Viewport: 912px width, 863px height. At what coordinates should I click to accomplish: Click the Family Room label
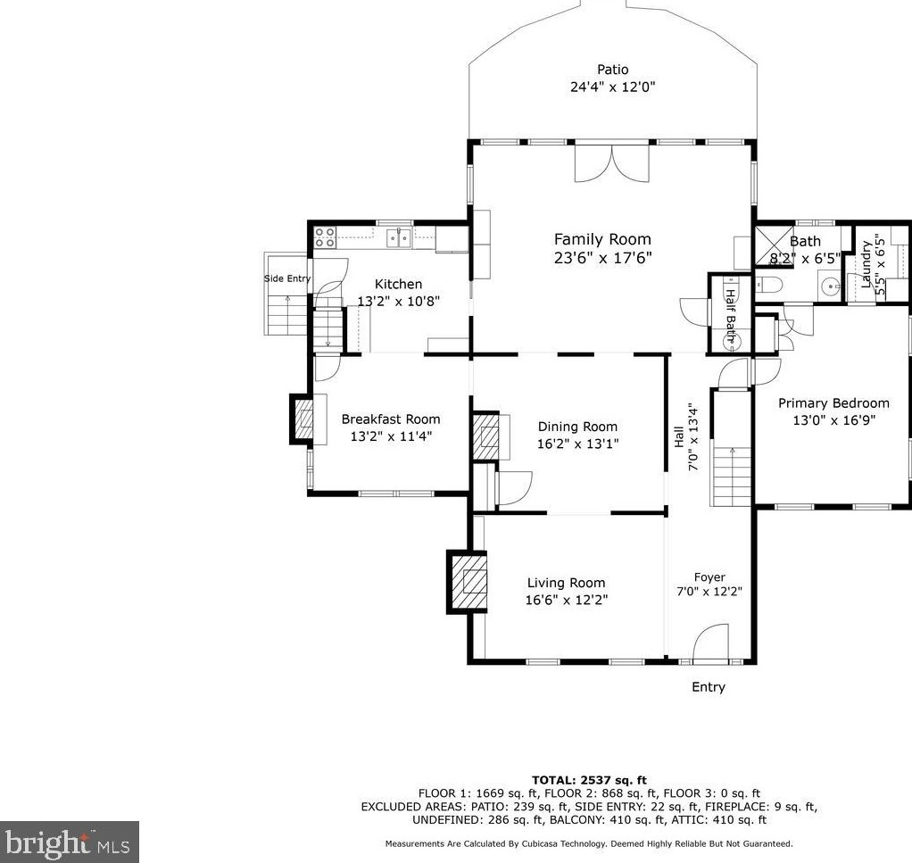pyautogui.click(x=602, y=239)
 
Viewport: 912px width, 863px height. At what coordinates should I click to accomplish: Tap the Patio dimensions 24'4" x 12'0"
pyautogui.click(x=612, y=87)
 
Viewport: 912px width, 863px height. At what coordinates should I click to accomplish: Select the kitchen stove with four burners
pyautogui.click(x=325, y=237)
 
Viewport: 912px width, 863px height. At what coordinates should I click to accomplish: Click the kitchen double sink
pyautogui.click(x=399, y=238)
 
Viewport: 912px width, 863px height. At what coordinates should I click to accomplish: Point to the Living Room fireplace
pyautogui.click(x=467, y=581)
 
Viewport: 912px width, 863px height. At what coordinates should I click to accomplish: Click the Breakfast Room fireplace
pyautogui.click(x=302, y=419)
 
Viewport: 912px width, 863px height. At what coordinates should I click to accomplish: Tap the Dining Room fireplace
pyautogui.click(x=485, y=436)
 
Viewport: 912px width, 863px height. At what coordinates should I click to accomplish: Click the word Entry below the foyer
pyautogui.click(x=709, y=687)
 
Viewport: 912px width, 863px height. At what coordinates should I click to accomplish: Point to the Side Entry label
pyautogui.click(x=287, y=278)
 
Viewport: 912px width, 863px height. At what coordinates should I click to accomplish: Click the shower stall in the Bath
pyautogui.click(x=775, y=245)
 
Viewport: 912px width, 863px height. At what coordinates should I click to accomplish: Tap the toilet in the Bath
pyautogui.click(x=769, y=285)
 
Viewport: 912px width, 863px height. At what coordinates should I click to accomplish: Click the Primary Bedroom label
pyautogui.click(x=833, y=403)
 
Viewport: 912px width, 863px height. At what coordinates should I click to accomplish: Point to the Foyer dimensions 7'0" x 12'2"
pyautogui.click(x=709, y=592)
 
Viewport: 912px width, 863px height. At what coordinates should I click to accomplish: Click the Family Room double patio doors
pyautogui.click(x=612, y=162)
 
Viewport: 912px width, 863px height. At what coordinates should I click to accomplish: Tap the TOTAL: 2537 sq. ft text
pyautogui.click(x=589, y=780)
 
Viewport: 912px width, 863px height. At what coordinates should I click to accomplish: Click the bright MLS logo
pyautogui.click(x=70, y=842)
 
